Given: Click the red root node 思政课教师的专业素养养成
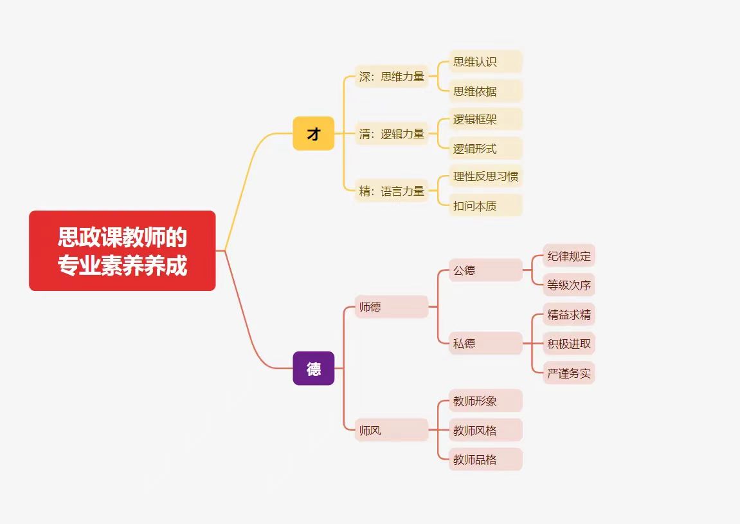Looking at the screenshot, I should (x=122, y=250).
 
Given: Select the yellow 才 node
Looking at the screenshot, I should (x=313, y=133).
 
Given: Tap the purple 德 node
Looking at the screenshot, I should (x=313, y=368).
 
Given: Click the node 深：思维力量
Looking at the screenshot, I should (x=392, y=77).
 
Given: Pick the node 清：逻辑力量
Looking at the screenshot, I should (x=392, y=134).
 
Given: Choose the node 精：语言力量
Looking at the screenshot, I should (x=392, y=191).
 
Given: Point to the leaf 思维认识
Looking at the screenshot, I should (x=485, y=62).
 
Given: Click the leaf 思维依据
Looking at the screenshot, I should (x=485, y=91).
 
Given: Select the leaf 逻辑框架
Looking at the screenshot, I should (x=485, y=119).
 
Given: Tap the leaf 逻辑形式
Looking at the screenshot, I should (x=485, y=149).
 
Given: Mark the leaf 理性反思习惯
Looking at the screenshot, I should (x=485, y=176).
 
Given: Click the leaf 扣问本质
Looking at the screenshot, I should (x=485, y=205).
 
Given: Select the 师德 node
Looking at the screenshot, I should (x=391, y=306).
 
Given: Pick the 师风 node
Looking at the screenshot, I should (x=391, y=430).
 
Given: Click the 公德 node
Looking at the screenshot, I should (x=485, y=270).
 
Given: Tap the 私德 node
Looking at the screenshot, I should (x=485, y=343).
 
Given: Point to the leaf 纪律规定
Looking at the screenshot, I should (x=569, y=256).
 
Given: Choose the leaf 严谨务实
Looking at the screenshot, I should (x=569, y=373).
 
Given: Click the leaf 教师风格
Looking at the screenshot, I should (x=485, y=430).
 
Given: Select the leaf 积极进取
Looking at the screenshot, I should (x=569, y=344).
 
